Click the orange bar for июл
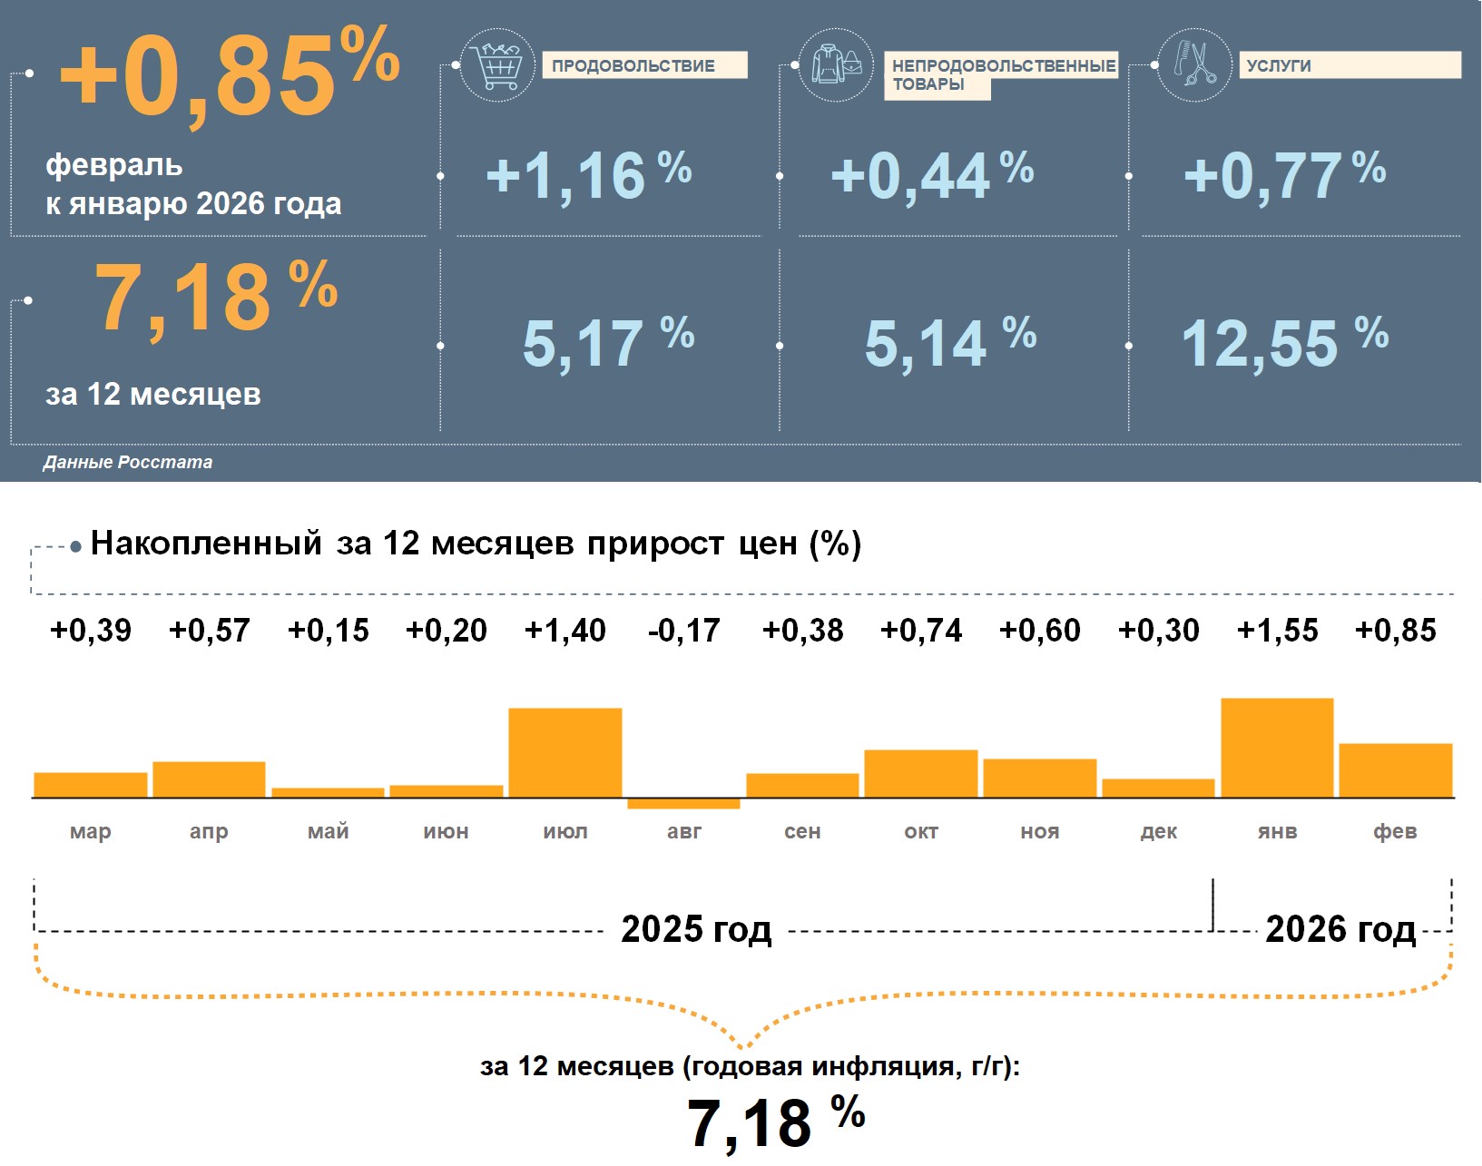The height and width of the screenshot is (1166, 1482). click(565, 752)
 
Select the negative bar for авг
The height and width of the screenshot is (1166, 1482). click(683, 804)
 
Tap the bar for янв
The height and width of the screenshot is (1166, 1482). click(1277, 748)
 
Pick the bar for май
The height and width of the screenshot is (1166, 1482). click(328, 793)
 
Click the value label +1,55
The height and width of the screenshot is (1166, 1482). click(1277, 630)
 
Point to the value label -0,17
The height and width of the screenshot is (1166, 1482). click(683, 630)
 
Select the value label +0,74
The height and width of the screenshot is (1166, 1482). click(921, 630)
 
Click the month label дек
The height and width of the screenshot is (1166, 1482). click(1158, 831)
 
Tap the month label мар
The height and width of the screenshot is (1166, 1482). click(90, 831)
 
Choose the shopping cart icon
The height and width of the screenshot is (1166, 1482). click(497, 65)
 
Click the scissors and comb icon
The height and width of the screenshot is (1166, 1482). click(1194, 65)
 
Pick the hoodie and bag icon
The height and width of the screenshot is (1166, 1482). click(836, 65)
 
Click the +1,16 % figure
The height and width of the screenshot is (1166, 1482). click(588, 175)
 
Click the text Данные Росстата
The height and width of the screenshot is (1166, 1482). click(127, 462)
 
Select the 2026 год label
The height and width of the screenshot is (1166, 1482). click(1340, 929)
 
